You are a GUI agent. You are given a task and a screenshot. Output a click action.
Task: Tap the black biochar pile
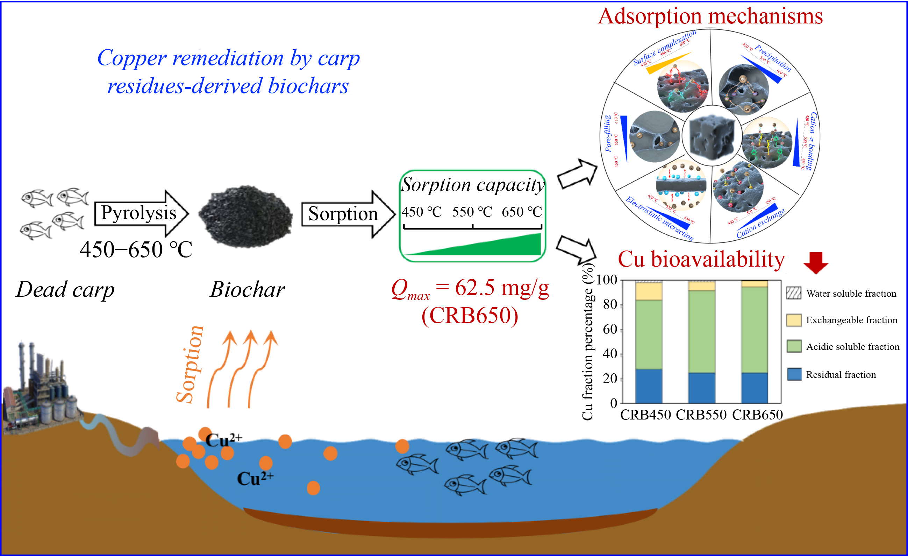click(x=245, y=216)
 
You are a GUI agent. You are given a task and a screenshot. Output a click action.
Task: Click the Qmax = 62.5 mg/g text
click(x=470, y=288)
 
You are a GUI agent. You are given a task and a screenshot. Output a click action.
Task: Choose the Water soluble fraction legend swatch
click(x=794, y=293)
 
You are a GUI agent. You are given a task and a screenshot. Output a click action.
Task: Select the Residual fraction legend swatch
click(x=794, y=374)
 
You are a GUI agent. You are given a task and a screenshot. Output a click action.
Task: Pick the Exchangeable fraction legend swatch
click(x=794, y=320)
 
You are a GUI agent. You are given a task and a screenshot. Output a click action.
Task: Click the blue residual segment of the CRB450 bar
click(x=649, y=386)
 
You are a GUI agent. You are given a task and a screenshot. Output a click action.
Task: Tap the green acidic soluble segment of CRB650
click(x=754, y=329)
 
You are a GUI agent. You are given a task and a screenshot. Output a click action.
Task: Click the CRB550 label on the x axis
click(x=701, y=415)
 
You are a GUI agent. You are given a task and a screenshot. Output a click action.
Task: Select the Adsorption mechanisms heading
click(x=710, y=16)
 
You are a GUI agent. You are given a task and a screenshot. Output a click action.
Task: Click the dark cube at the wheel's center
click(x=711, y=136)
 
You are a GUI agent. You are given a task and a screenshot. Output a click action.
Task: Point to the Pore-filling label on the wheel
click(x=608, y=134)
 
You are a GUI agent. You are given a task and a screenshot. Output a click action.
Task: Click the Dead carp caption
click(x=65, y=290)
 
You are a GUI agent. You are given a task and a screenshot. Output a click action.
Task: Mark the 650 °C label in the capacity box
click(x=521, y=212)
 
